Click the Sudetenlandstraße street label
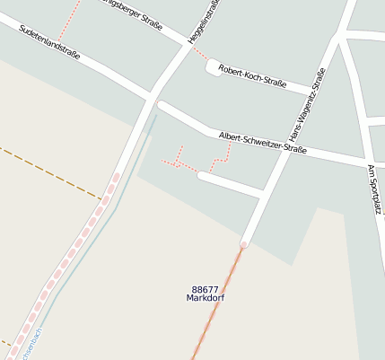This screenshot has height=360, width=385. [x=50, y=42]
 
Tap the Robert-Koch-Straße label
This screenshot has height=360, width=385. [x=252, y=78]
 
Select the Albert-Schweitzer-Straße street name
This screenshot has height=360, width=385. [x=263, y=144]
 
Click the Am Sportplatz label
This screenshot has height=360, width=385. [x=374, y=189]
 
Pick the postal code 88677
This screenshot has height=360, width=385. [x=206, y=289]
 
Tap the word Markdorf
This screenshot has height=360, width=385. [x=206, y=298]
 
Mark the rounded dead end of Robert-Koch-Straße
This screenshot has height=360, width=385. [x=212, y=66]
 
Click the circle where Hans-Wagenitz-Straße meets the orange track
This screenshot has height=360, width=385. [x=243, y=244]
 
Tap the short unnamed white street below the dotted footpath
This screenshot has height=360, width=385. [x=230, y=184]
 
